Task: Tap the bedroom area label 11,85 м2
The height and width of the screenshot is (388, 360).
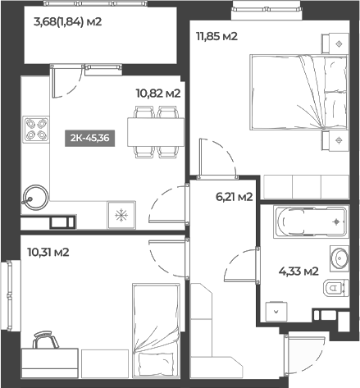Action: pyautogui.click(x=216, y=36)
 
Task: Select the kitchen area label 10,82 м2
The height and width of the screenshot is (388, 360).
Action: pyautogui.click(x=157, y=94)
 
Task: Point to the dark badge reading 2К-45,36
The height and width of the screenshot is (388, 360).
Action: pyautogui.click(x=88, y=138)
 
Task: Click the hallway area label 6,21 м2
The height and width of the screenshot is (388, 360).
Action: pyautogui.click(x=233, y=196)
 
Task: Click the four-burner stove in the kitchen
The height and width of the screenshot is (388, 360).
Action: pyautogui.click(x=35, y=129)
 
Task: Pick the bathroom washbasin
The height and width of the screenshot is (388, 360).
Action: pyautogui.click(x=339, y=258)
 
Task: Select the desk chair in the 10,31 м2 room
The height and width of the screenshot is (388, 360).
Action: pyautogui.click(x=46, y=340)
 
